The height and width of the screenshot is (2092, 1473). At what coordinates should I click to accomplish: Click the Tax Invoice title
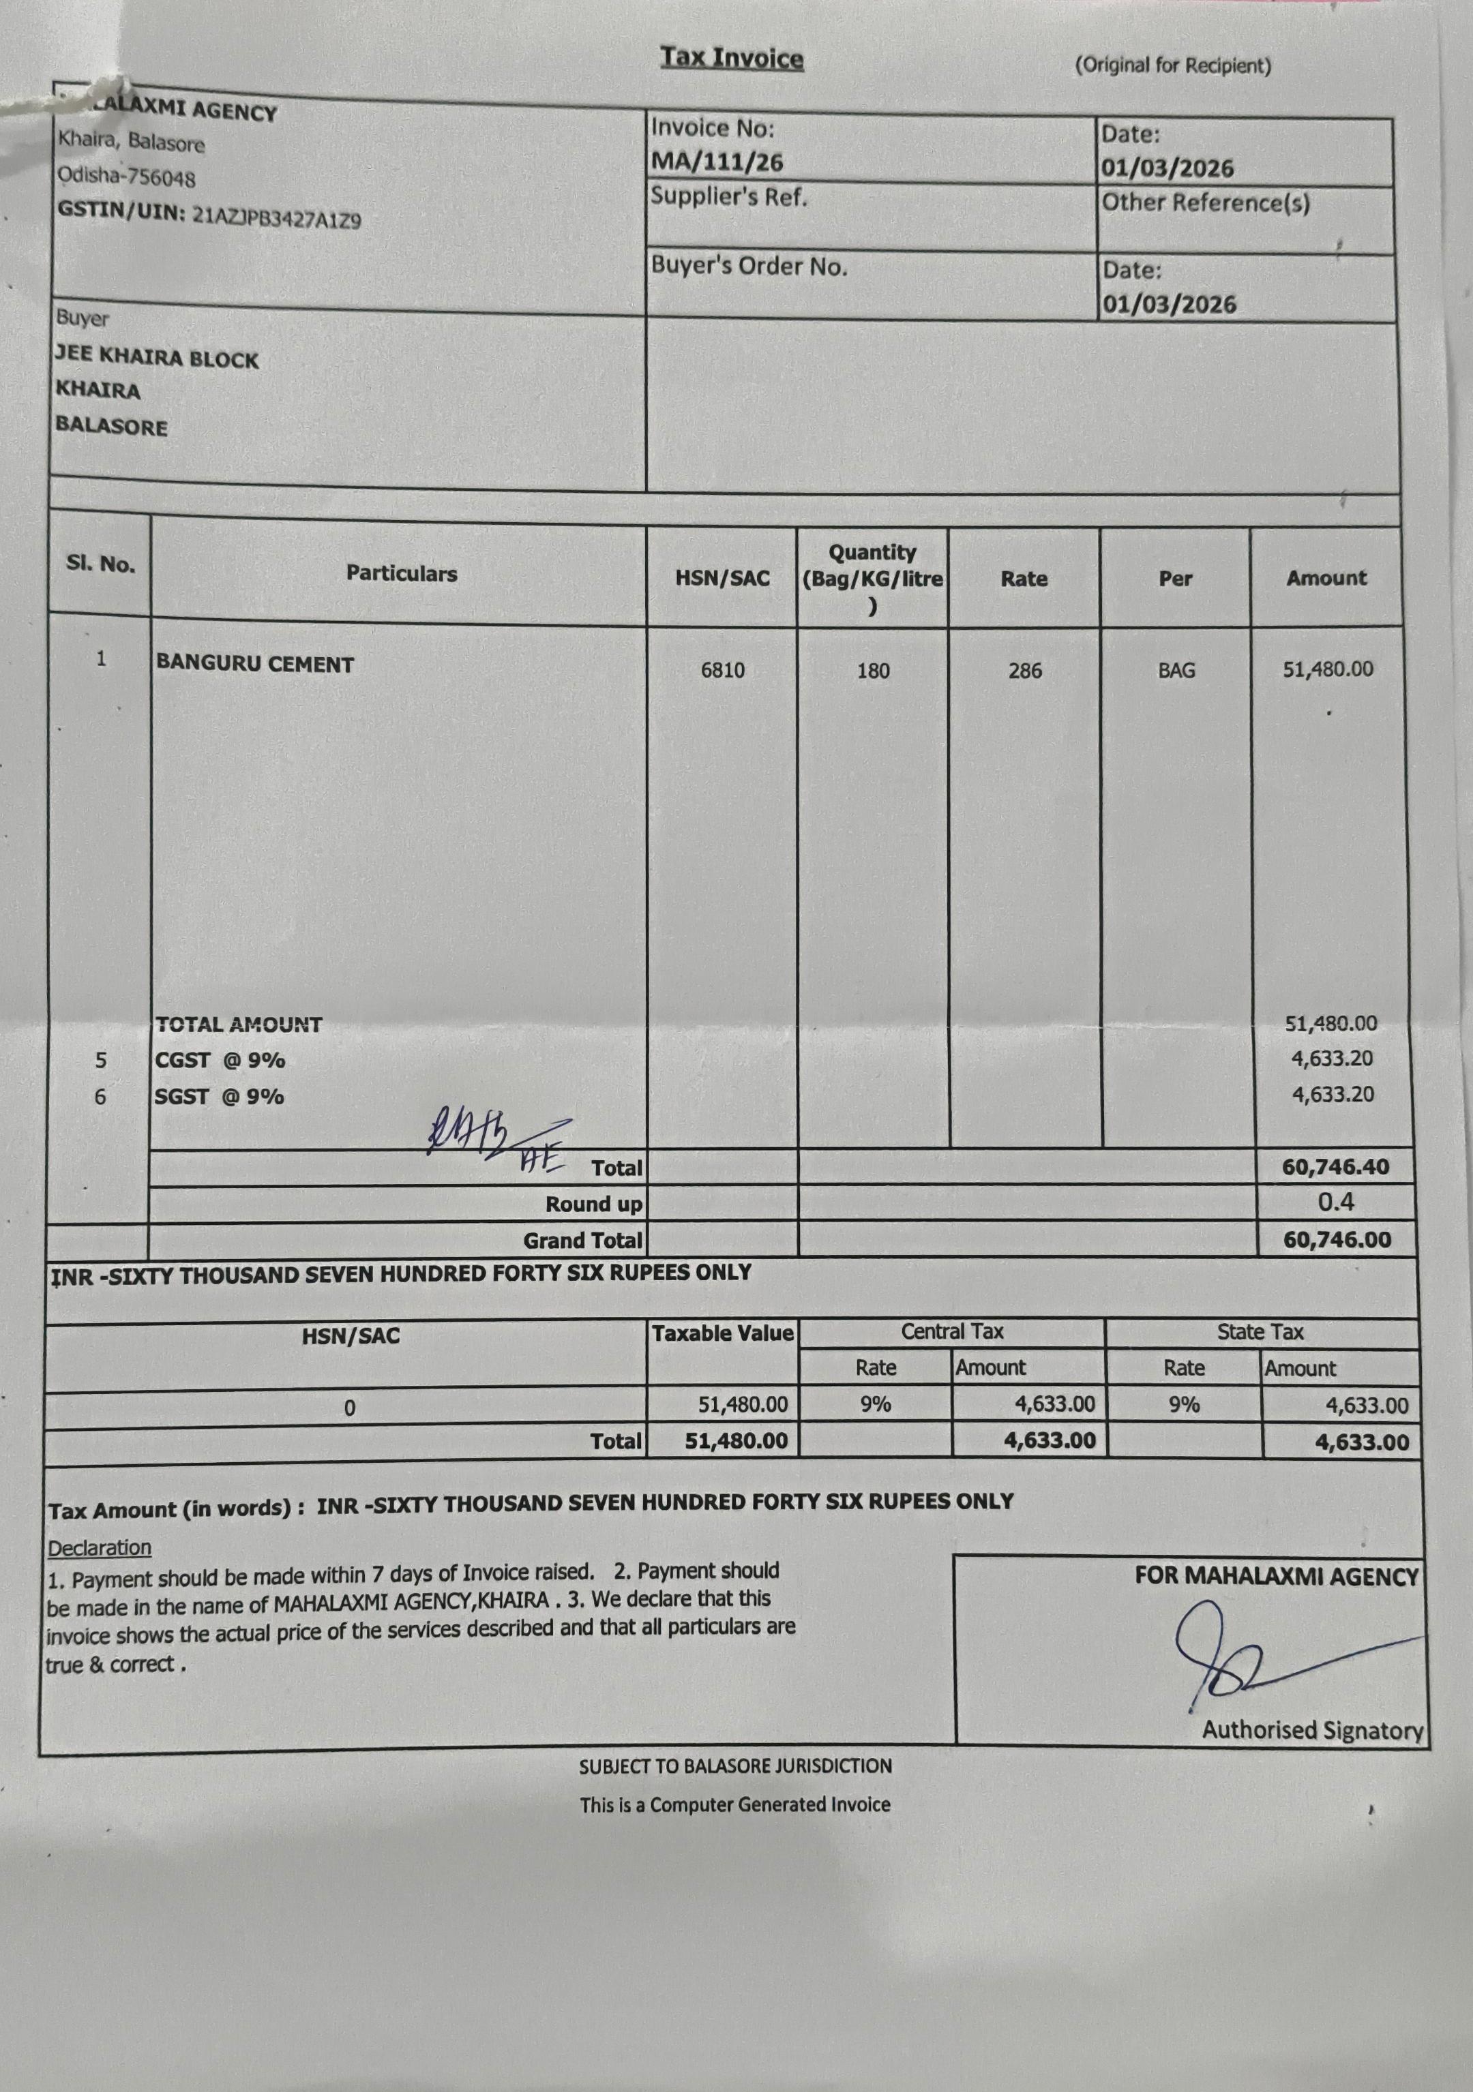click(732, 59)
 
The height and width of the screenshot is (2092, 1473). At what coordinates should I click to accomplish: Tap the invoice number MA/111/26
click(717, 162)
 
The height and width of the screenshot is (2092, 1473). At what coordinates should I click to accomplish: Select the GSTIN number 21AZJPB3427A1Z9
click(276, 217)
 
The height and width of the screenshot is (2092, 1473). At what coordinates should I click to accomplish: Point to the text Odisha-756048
click(127, 175)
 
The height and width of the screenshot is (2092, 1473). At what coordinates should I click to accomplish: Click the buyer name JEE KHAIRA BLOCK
click(157, 357)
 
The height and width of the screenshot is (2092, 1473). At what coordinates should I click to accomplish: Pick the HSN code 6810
click(722, 671)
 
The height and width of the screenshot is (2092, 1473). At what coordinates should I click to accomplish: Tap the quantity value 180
click(872, 671)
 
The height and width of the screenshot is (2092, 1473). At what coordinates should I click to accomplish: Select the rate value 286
click(1024, 671)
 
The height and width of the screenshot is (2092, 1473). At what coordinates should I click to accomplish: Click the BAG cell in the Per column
click(1176, 671)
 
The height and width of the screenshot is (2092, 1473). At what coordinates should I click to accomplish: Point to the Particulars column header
click(401, 574)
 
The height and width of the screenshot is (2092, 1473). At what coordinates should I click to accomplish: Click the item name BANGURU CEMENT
click(254, 663)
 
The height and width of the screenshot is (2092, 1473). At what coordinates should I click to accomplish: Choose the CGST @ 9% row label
click(220, 1060)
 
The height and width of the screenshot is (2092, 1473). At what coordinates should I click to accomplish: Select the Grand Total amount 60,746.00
click(1337, 1239)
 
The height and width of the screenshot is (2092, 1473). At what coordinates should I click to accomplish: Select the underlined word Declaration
click(100, 1548)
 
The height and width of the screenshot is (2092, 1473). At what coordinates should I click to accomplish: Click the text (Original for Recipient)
click(1172, 65)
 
